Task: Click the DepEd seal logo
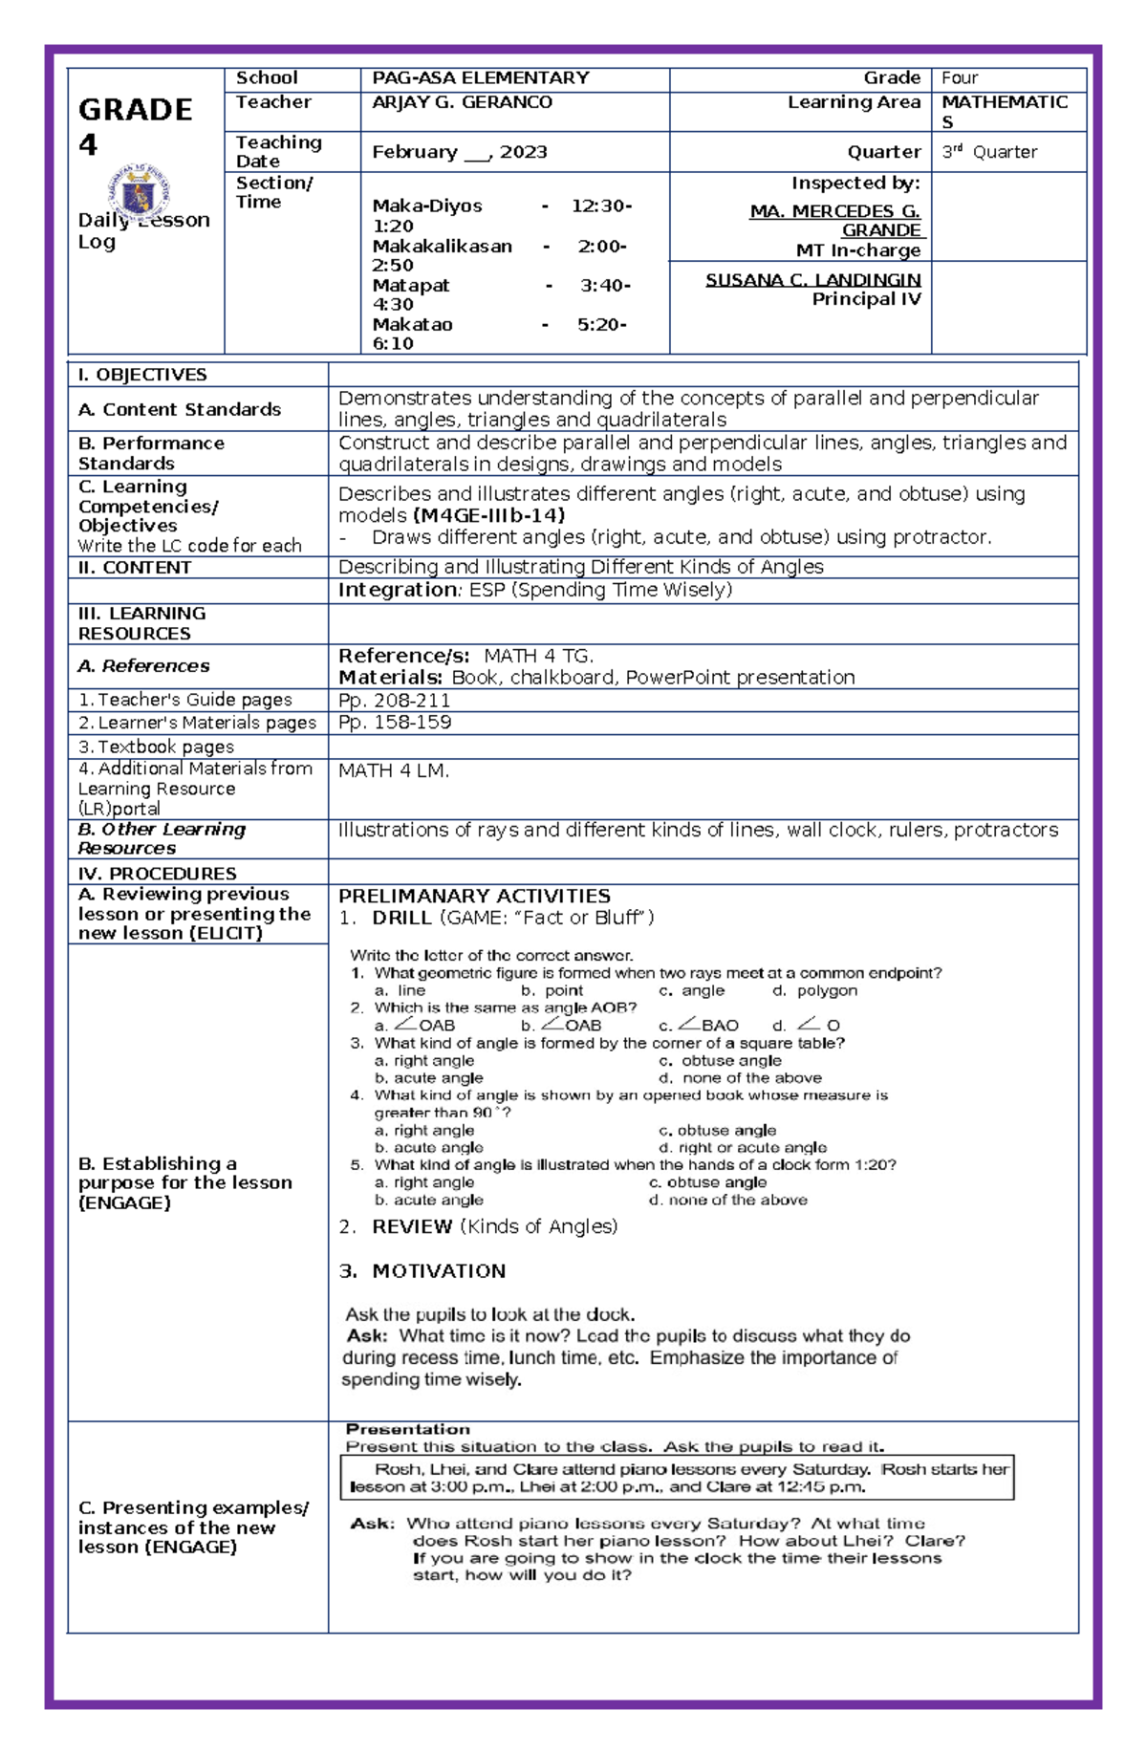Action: coord(140,193)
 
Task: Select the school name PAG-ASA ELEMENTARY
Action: coord(480,77)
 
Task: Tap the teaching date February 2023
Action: coord(459,152)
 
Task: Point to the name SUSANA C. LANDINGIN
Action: coord(812,280)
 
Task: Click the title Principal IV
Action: coord(866,299)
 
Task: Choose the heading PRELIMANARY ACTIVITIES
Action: coord(474,896)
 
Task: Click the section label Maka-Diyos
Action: coord(427,206)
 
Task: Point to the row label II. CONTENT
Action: coord(135,568)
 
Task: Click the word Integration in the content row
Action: coord(398,590)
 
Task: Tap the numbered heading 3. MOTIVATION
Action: coord(422,1271)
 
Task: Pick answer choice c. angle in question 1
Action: coord(692,990)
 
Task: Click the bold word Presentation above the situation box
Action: coord(407,1429)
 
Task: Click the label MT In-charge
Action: coord(858,250)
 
